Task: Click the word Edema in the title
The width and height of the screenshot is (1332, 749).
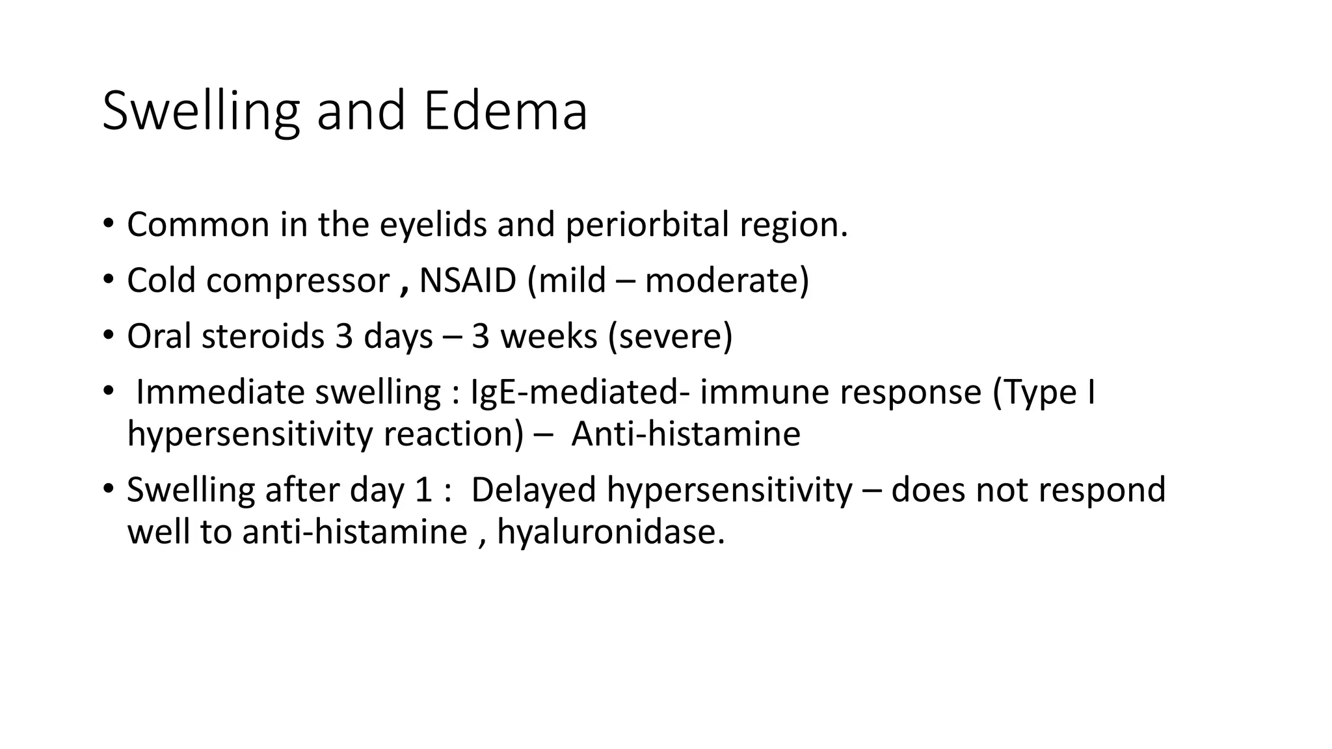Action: (505, 111)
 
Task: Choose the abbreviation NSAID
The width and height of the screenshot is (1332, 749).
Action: (468, 281)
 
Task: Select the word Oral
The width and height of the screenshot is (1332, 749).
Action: (161, 337)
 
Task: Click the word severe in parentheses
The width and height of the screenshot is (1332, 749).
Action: (671, 337)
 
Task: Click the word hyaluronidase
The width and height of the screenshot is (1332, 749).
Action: (610, 532)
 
